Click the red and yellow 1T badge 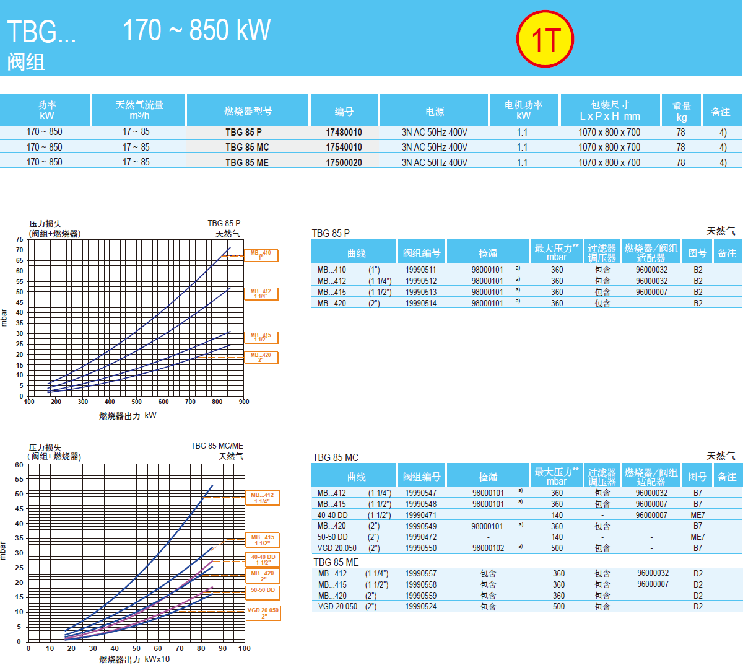click(x=545, y=38)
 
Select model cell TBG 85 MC click(x=247, y=148)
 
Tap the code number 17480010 click(x=344, y=132)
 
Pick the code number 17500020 click(x=344, y=162)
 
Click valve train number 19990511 click(x=420, y=270)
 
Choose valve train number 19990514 click(x=420, y=304)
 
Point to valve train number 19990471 click(x=420, y=515)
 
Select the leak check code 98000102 click(x=488, y=548)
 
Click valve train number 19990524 click(x=420, y=607)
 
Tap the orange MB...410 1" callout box click(x=261, y=255)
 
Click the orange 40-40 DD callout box click(x=263, y=560)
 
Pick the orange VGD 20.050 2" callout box click(x=263, y=613)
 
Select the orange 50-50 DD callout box click(x=263, y=592)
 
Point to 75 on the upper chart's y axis click(x=20, y=239)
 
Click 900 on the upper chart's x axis click(x=244, y=402)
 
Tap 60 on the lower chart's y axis click(x=19, y=465)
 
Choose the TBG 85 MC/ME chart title click(x=217, y=446)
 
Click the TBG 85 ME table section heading click(x=336, y=562)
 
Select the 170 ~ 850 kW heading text click(x=196, y=30)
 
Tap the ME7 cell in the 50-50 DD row click(x=697, y=537)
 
